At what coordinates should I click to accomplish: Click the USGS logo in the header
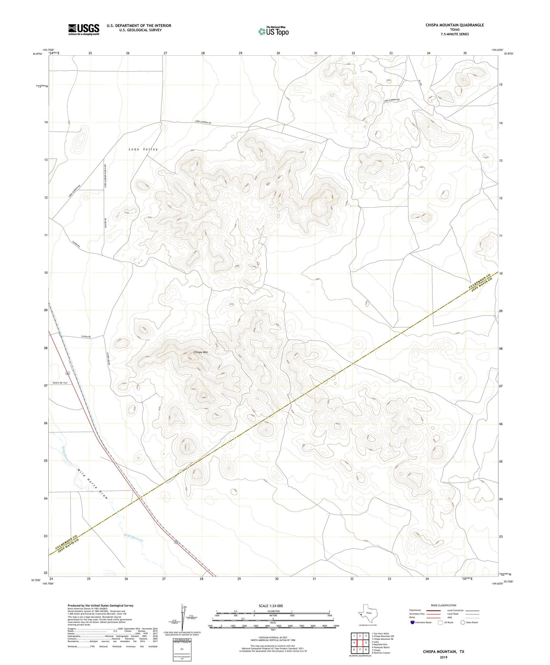point(84,29)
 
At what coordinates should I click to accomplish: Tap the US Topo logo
point(273,31)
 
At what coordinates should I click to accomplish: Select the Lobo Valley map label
point(143,149)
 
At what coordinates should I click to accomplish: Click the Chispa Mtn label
point(201,352)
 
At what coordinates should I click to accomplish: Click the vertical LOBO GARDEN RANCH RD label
point(105,176)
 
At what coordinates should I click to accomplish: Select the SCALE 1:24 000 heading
point(271,606)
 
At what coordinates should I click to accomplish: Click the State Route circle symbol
point(462,622)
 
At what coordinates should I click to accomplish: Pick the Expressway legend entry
point(415,610)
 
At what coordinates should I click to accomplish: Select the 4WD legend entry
point(451,617)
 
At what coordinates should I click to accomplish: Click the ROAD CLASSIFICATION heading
point(443,605)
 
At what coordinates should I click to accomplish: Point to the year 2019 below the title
point(443,657)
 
